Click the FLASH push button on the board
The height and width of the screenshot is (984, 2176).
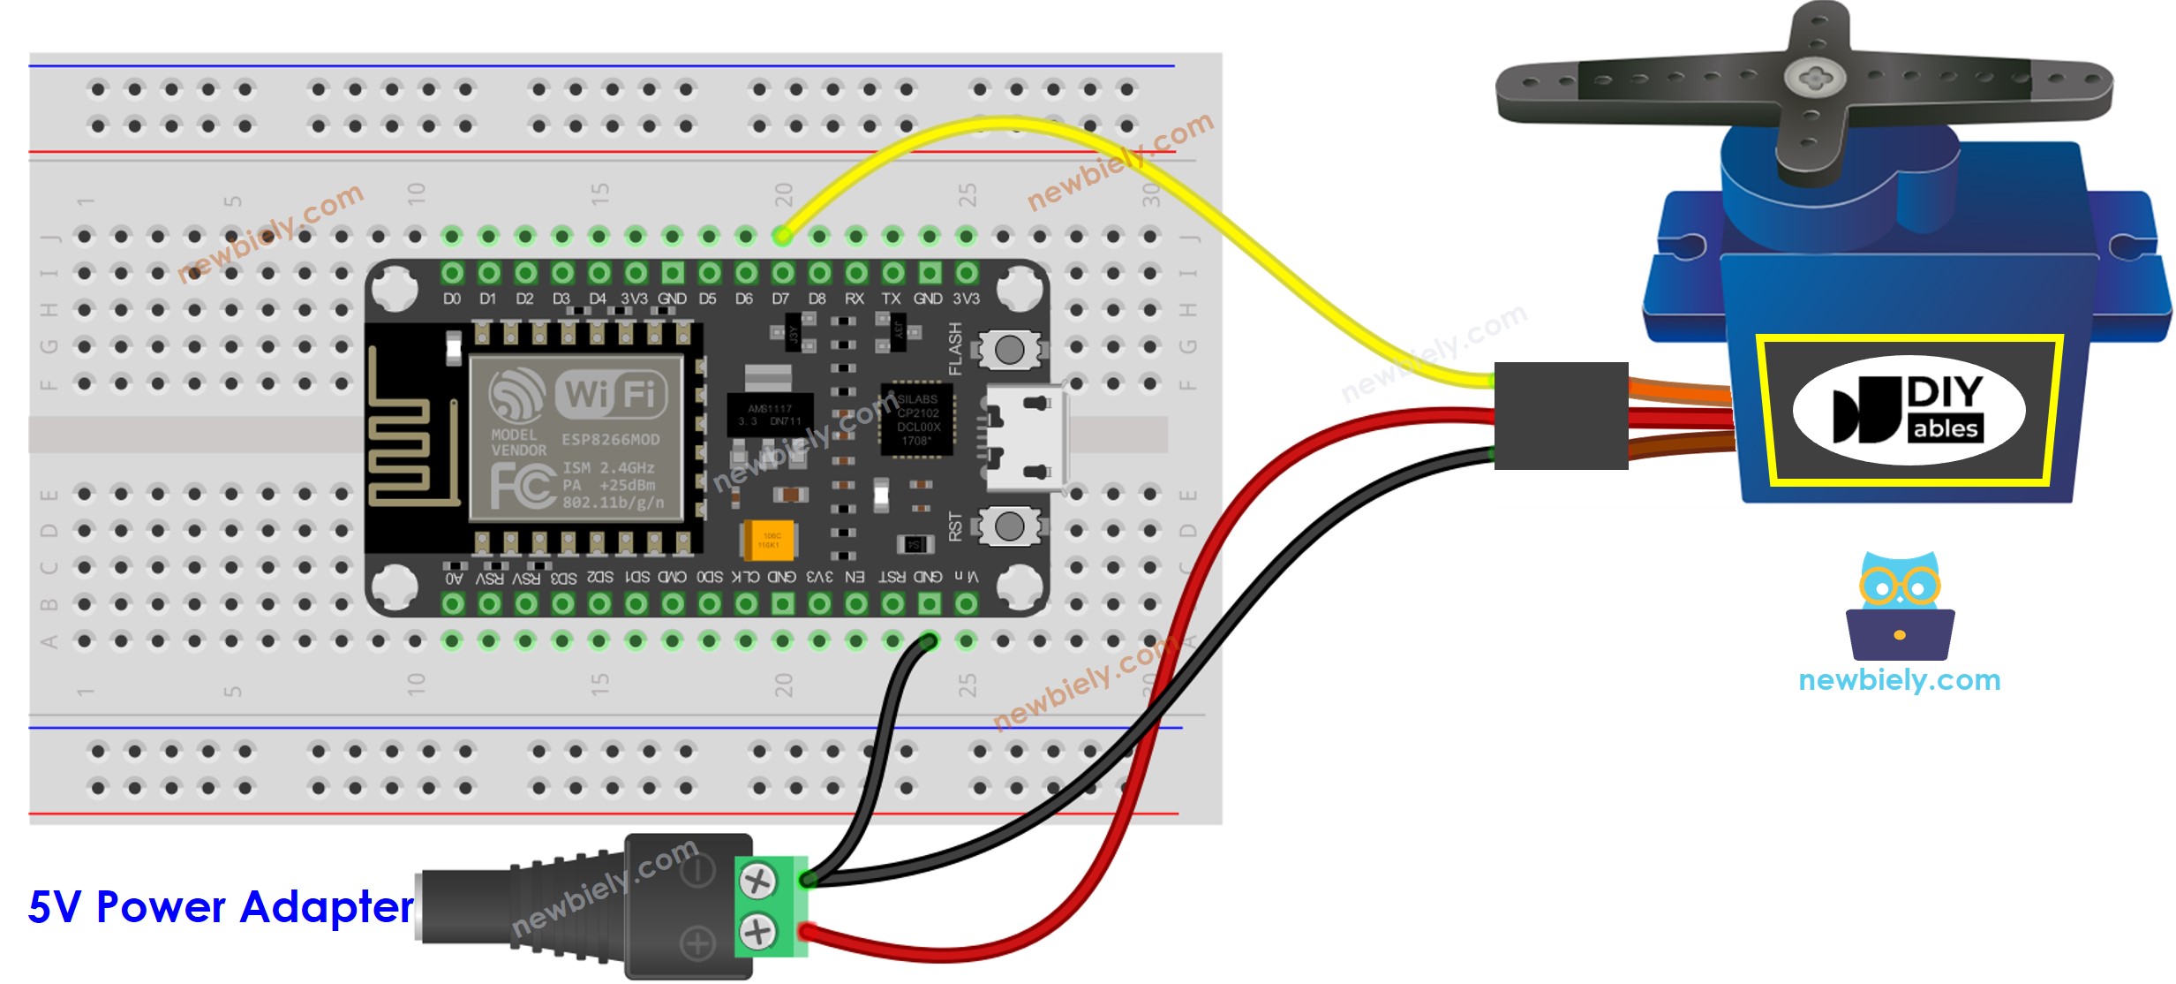point(1008,351)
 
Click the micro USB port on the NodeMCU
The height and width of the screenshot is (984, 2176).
point(1025,439)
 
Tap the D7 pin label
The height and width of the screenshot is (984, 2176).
point(780,299)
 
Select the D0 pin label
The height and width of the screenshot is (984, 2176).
point(452,299)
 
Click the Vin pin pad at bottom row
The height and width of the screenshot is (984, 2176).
point(966,604)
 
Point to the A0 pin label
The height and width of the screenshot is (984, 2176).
point(454,579)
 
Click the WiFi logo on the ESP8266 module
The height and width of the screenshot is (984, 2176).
point(578,394)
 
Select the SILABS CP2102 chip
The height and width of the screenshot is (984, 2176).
point(917,420)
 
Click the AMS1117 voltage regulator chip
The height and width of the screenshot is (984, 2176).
point(769,414)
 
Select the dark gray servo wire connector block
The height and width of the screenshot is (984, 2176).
point(1561,415)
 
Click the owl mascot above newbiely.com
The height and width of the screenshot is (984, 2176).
point(1900,607)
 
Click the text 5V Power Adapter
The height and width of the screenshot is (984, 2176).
point(221,907)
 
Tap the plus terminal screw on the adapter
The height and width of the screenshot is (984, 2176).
point(757,931)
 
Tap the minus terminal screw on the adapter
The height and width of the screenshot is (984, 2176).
point(757,881)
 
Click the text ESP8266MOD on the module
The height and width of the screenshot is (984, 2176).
point(610,440)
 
